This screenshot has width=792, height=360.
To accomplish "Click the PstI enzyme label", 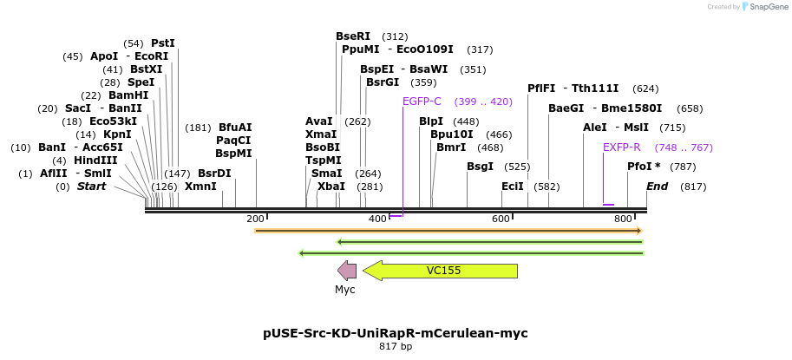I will pyautogui.click(x=163, y=43).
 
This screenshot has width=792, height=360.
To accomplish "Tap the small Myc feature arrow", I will pyautogui.click(x=347, y=271).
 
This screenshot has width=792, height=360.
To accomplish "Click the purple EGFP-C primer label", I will pyautogui.click(x=422, y=101).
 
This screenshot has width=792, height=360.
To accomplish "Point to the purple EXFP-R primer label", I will pyautogui.click(x=621, y=147).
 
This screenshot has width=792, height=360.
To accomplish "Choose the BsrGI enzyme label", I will pyautogui.click(x=383, y=82).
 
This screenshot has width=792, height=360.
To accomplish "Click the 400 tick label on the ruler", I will pyautogui.click(x=378, y=218).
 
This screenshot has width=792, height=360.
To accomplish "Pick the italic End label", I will pyautogui.click(x=658, y=186).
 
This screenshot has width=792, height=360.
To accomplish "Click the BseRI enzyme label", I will pyautogui.click(x=353, y=36).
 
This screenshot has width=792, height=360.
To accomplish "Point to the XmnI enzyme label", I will pyautogui.click(x=200, y=186).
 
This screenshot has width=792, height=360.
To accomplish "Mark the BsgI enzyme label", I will pyautogui.click(x=480, y=166).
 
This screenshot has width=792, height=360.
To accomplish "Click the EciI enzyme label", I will pyautogui.click(x=513, y=186).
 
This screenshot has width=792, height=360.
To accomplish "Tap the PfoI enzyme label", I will pyautogui.click(x=644, y=166).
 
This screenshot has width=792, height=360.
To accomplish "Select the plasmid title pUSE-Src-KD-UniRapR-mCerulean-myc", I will pyautogui.click(x=396, y=333).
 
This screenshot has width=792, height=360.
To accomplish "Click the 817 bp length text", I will pyautogui.click(x=396, y=347).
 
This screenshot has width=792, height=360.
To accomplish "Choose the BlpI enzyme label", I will pyautogui.click(x=431, y=121).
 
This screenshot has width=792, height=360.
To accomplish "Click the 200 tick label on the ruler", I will pyautogui.click(x=256, y=218).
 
